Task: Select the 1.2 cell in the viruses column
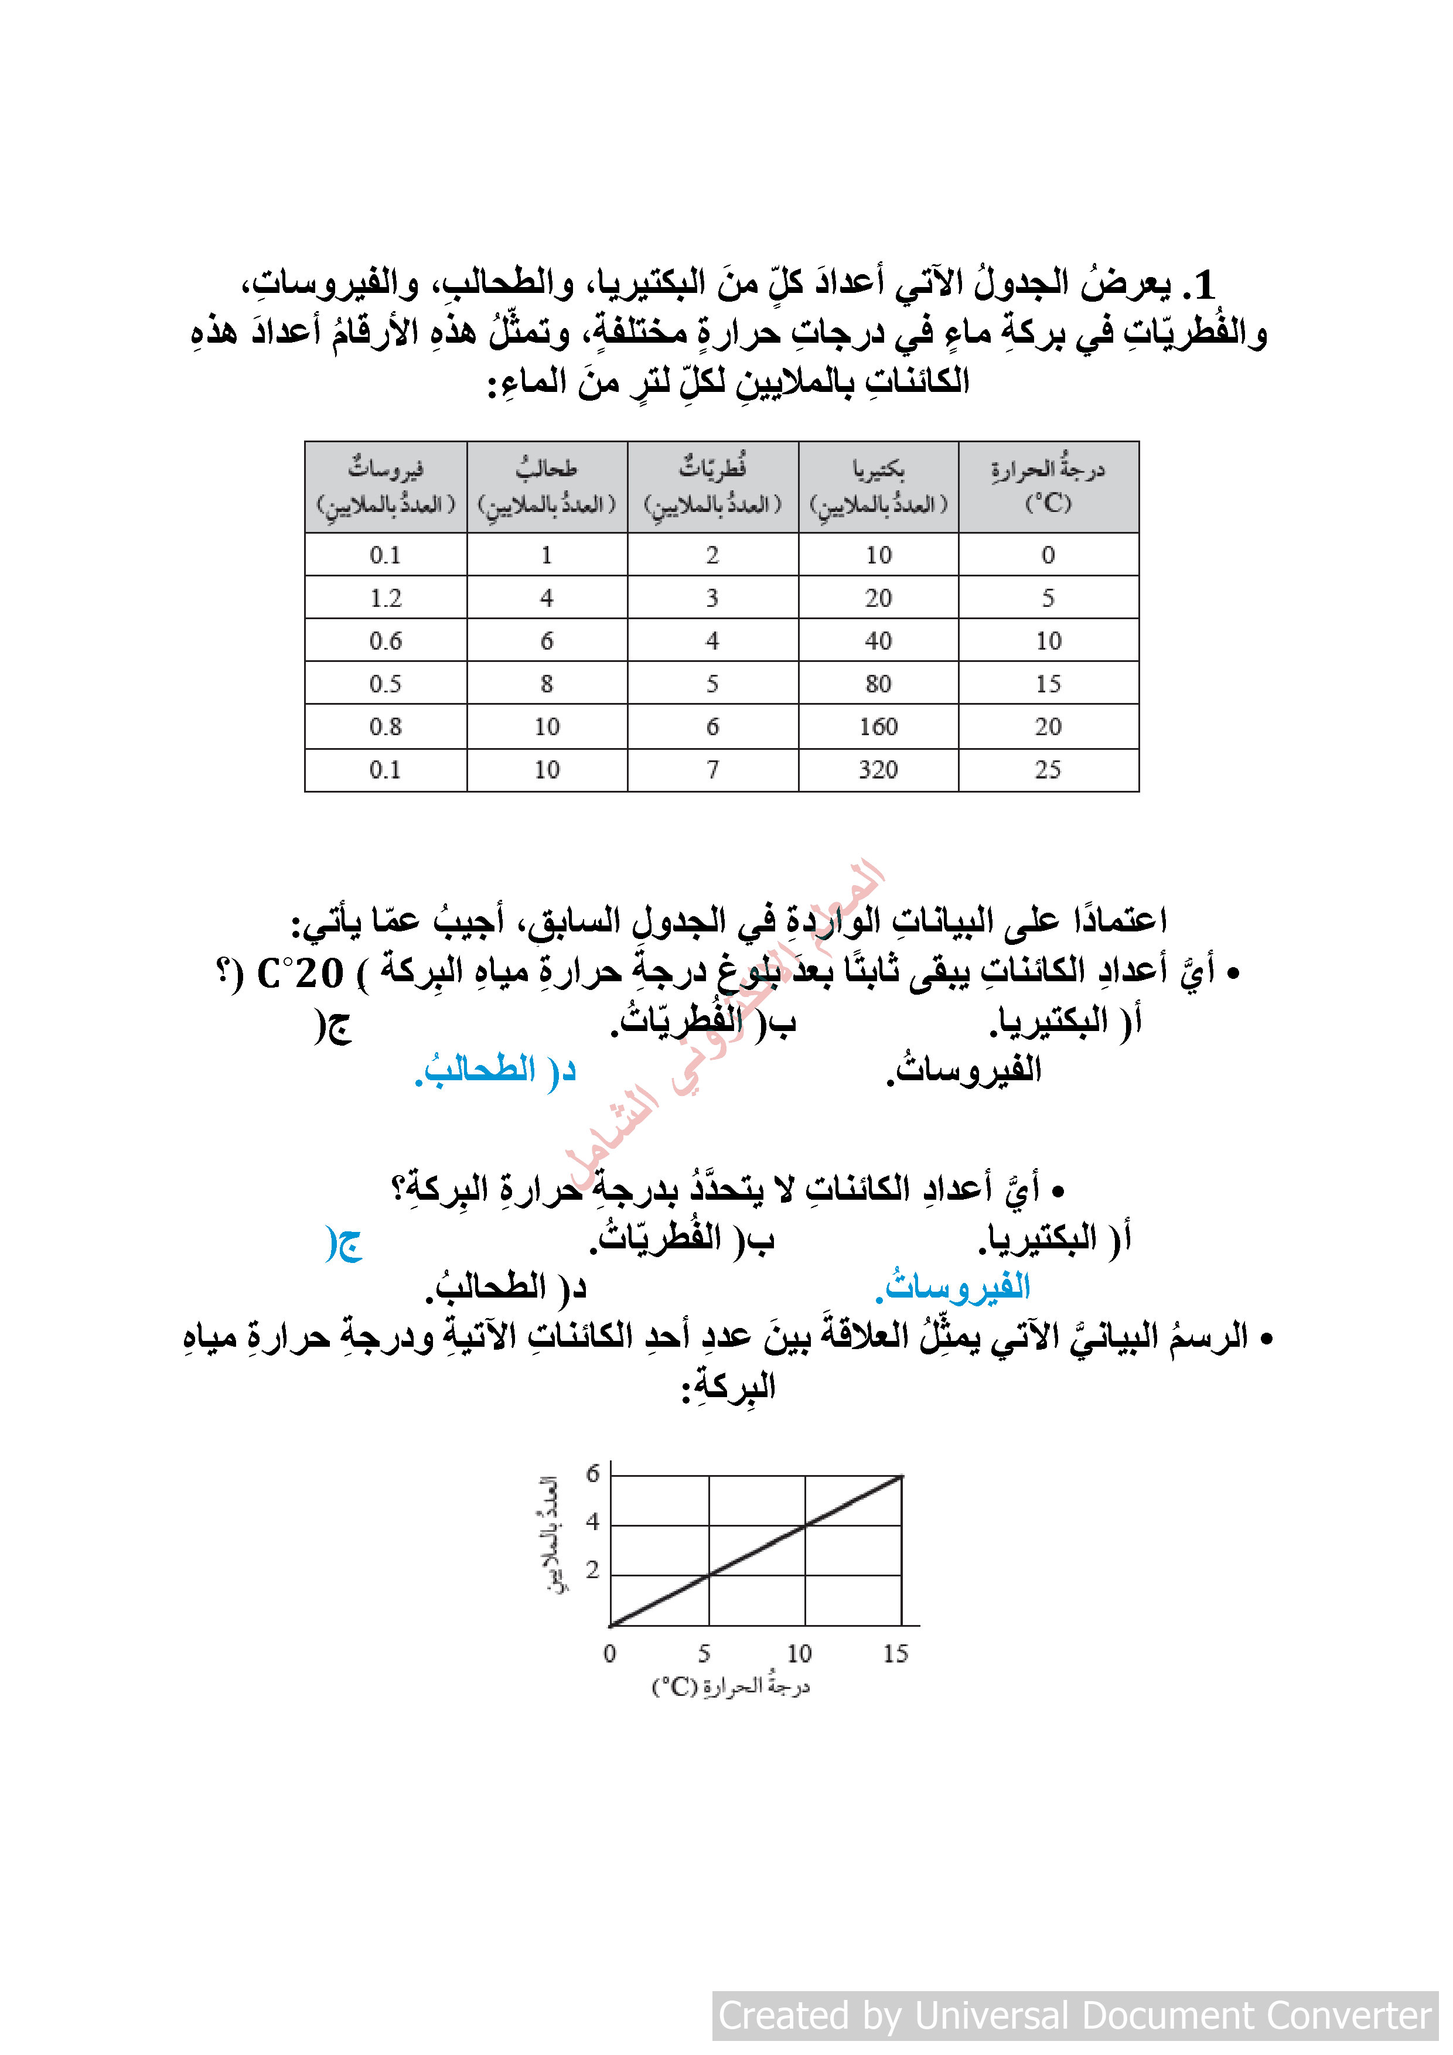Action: (386, 598)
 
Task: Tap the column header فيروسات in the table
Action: (386, 486)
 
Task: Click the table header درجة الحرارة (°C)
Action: (1048, 486)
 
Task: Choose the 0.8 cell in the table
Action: (386, 727)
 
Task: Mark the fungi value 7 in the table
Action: (712, 770)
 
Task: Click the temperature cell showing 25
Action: (1048, 770)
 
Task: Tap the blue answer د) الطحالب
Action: (495, 1070)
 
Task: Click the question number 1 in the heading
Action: (1202, 285)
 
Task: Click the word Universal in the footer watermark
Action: (991, 2016)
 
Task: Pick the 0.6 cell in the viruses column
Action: (386, 641)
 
